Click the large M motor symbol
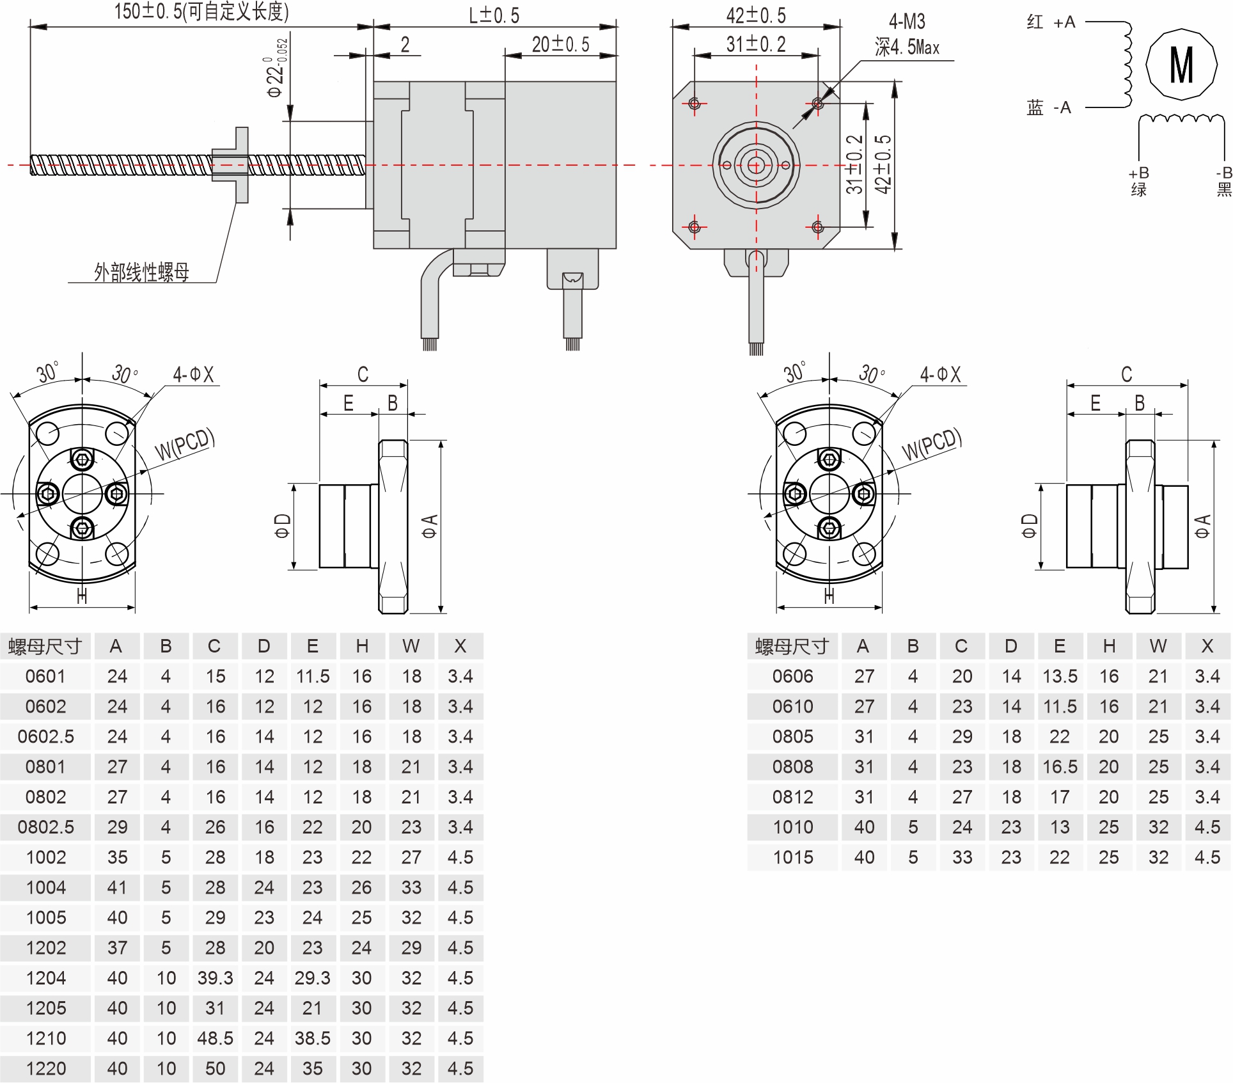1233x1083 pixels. click(1181, 65)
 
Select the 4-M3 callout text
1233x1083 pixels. click(907, 22)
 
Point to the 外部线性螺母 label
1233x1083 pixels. click(141, 273)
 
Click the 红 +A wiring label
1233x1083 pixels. click(1051, 23)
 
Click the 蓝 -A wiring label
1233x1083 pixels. click(1048, 107)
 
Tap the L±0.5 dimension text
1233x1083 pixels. click(494, 15)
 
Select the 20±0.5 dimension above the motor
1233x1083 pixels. click(560, 44)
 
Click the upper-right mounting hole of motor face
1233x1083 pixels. click(817, 103)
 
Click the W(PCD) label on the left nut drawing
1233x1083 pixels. click(185, 443)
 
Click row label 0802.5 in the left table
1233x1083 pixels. click(46, 827)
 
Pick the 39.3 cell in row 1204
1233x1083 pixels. click(215, 978)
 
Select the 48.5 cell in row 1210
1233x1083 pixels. click(215, 1038)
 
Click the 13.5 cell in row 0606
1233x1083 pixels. click(1060, 676)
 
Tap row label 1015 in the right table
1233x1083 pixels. click(793, 857)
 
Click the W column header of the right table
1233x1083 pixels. click(1158, 646)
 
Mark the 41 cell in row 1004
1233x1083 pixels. click(117, 887)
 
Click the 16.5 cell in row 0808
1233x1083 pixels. click(1060, 766)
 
